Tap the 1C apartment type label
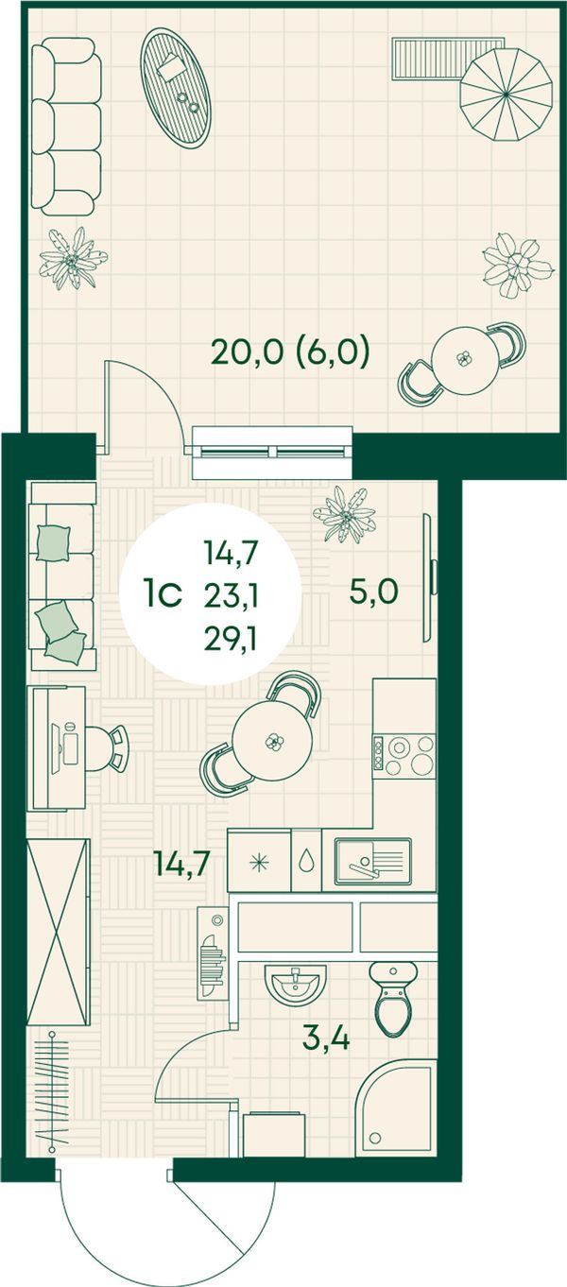coord(163,594)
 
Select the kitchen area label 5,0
coord(373,592)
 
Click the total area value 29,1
coord(230,638)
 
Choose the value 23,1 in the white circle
coord(231,596)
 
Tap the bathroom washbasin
coord(295,985)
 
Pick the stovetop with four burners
coord(404,756)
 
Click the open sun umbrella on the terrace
coord(507,94)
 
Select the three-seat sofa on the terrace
coord(66,127)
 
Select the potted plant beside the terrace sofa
coord(71,258)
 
